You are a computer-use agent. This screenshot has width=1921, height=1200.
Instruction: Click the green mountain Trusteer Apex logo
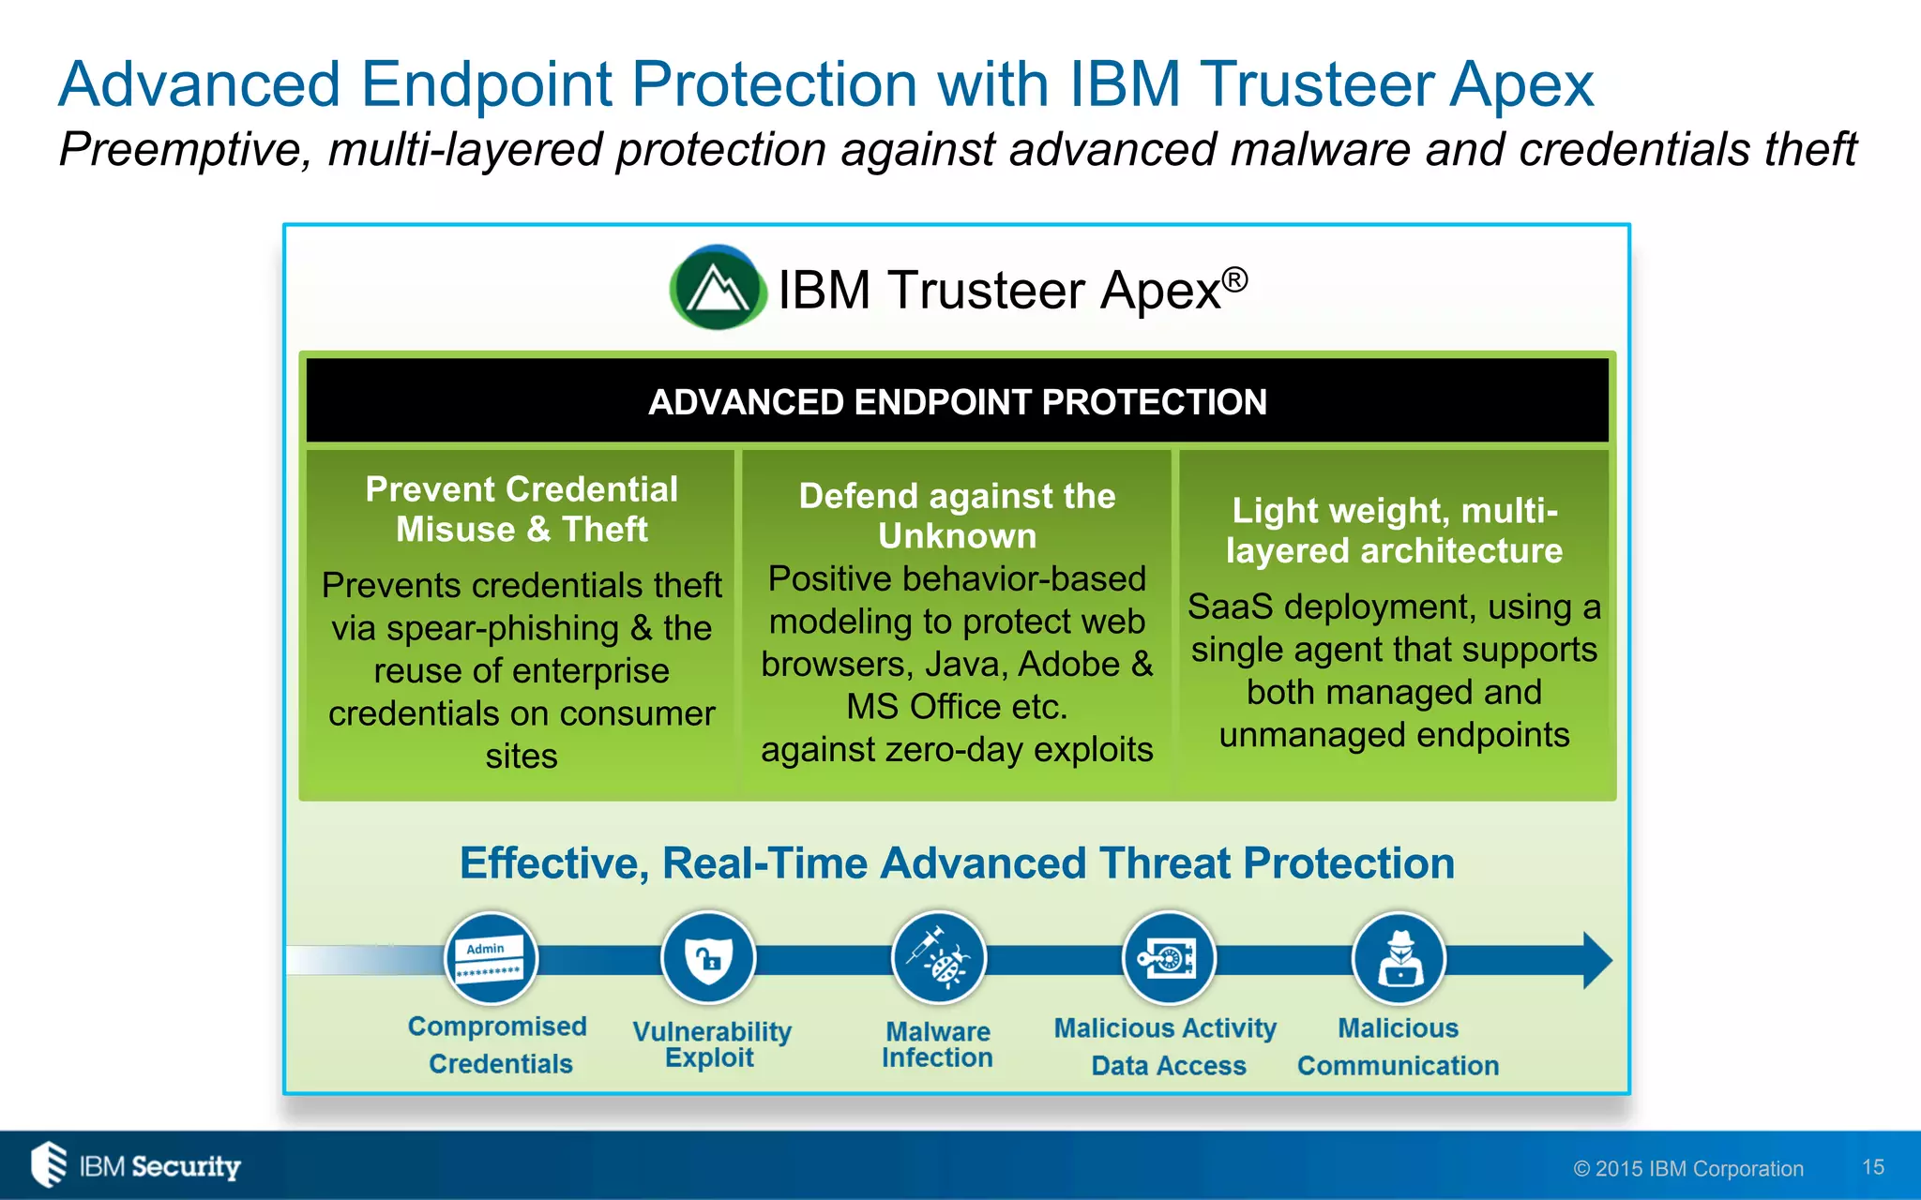[x=718, y=288]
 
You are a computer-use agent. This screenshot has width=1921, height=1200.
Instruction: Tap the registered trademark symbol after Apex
[x=1235, y=279]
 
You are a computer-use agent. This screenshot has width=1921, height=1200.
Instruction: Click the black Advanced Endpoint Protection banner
[x=957, y=401]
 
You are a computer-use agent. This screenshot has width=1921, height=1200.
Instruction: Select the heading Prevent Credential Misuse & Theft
[x=522, y=509]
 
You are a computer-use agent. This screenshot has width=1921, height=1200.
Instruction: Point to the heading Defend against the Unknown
[x=957, y=516]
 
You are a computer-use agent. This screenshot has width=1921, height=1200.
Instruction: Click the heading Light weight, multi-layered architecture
[x=1394, y=531]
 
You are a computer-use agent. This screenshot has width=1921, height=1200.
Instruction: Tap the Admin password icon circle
[x=491, y=958]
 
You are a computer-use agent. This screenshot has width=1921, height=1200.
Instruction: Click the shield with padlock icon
[x=708, y=958]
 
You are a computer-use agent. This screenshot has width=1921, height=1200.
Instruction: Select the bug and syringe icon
[x=938, y=958]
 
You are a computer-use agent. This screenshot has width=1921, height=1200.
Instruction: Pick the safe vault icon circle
[x=1169, y=958]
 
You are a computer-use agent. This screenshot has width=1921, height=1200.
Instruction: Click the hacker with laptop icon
[x=1399, y=958]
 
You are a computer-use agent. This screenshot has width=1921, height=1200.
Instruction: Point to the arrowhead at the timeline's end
[x=1596, y=960]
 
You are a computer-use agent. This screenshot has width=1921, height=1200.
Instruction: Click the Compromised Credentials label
[x=498, y=1044]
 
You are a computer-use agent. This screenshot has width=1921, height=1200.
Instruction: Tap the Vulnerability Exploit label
[x=711, y=1043]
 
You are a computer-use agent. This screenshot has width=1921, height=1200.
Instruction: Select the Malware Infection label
[x=937, y=1043]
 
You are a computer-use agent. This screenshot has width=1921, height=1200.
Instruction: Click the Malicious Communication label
[x=1398, y=1046]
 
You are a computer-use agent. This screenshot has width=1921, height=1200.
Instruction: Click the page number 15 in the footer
[x=1873, y=1167]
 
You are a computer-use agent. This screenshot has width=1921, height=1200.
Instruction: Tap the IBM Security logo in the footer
[x=136, y=1165]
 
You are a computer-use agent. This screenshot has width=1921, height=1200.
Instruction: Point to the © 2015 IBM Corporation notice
[x=1688, y=1168]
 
